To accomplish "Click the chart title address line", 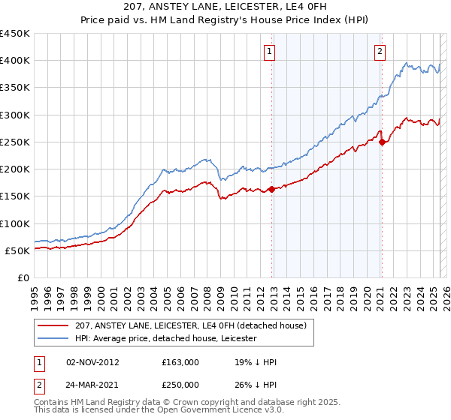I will pyautogui.click(x=225, y=7).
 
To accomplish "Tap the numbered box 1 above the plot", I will pyautogui.click(x=269, y=52).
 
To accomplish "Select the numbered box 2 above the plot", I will pyautogui.click(x=380, y=52).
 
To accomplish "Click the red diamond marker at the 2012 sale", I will pyautogui.click(x=271, y=190).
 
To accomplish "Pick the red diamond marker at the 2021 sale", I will pyautogui.click(x=382, y=141).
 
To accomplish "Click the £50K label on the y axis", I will pyautogui.click(x=17, y=250).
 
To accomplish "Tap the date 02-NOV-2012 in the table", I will pyautogui.click(x=92, y=362).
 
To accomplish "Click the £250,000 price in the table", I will pyautogui.click(x=180, y=383).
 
